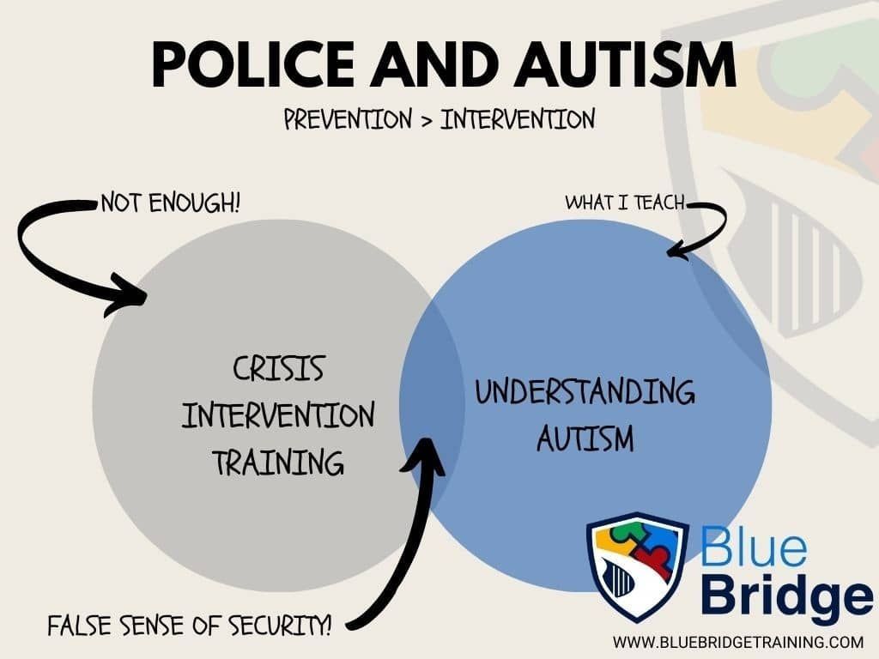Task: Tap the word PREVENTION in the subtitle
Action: click(x=348, y=119)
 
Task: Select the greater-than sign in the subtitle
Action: click(x=426, y=120)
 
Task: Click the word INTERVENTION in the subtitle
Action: click(x=518, y=119)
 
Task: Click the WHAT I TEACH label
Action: click(x=625, y=203)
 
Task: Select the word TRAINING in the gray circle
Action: click(x=278, y=463)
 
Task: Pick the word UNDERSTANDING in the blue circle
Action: click(x=585, y=394)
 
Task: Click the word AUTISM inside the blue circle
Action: click(x=585, y=439)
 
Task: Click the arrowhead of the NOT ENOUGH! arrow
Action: click(x=133, y=296)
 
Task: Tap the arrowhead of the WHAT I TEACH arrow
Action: click(x=676, y=251)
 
